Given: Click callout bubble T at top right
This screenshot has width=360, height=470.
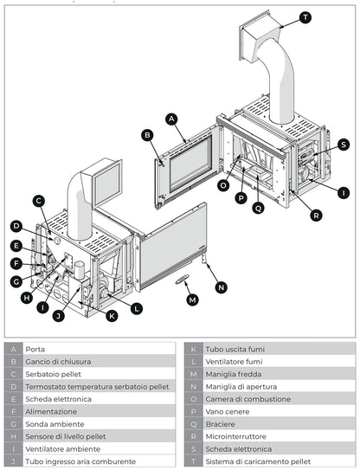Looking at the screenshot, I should click(305, 17).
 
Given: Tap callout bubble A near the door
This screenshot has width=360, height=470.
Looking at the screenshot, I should click(171, 118).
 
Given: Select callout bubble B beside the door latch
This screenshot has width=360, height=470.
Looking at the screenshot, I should click(148, 135).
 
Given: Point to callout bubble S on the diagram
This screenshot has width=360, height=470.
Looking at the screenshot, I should click(344, 145).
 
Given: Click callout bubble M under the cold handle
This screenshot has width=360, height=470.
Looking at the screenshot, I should click(192, 299).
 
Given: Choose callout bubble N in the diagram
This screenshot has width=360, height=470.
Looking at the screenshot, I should click(222, 287).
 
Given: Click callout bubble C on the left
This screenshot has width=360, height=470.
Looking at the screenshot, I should click(39, 201).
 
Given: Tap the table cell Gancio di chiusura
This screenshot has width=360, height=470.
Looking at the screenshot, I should click(59, 361).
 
